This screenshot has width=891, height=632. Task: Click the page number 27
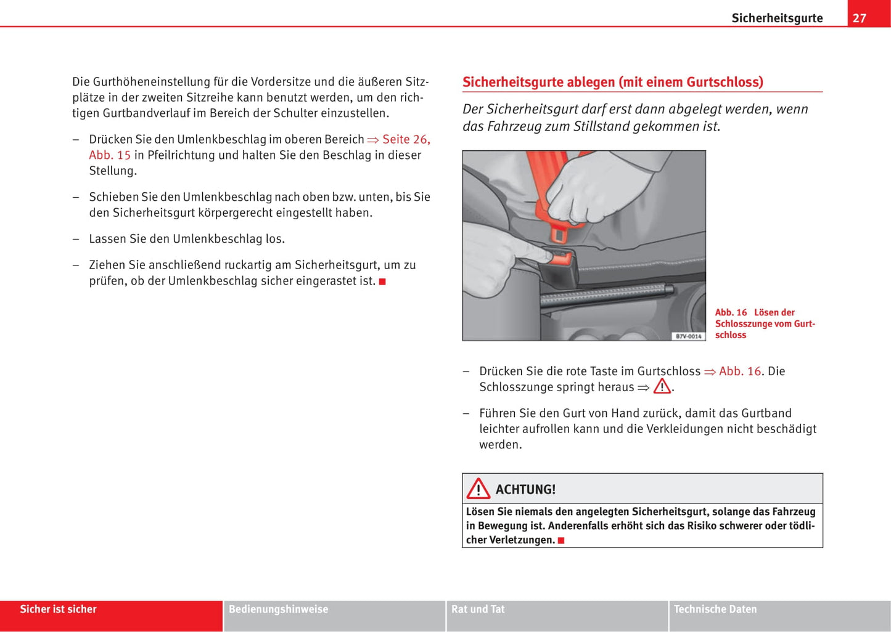859,18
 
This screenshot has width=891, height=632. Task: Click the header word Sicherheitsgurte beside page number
777,18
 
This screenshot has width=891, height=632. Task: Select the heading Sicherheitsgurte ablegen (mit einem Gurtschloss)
612,82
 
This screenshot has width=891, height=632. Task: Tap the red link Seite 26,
406,139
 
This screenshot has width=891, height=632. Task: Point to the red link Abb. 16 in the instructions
739,371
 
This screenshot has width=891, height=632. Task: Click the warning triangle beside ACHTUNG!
478,489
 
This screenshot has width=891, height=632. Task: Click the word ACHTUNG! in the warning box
525,490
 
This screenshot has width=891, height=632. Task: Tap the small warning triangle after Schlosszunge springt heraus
662,387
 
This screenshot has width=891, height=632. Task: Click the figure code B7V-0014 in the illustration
688,336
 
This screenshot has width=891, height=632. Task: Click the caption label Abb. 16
731,312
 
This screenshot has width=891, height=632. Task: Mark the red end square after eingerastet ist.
382,282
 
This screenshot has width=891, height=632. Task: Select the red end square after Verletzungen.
561,540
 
